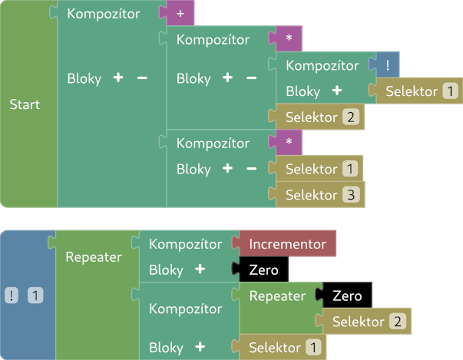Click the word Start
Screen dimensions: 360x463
[25, 104]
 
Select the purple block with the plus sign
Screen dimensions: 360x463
[180, 14]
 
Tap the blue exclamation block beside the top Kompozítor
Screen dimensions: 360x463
[387, 66]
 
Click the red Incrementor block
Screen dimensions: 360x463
[287, 244]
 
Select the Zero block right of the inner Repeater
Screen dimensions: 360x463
[346, 296]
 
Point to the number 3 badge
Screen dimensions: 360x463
[349, 195]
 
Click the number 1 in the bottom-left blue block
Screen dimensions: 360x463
[35, 295]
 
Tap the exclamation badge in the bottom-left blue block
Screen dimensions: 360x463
[13, 295]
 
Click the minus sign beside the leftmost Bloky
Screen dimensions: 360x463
[141, 78]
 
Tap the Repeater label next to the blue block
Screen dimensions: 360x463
[94, 257]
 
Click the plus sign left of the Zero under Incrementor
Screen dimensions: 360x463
[200, 269]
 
